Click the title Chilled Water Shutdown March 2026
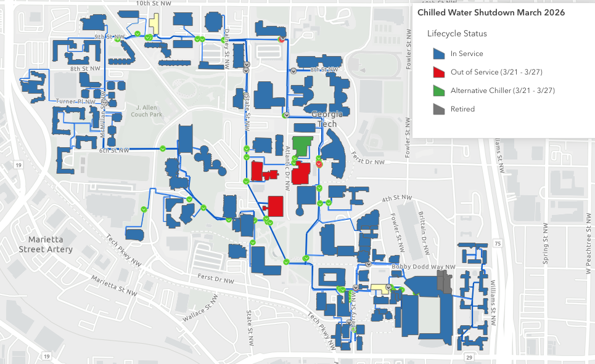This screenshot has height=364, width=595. click(x=491, y=12)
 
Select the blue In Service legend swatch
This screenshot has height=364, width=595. click(x=439, y=54)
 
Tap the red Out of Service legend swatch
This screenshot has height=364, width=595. click(x=439, y=72)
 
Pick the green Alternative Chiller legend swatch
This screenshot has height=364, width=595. click(x=439, y=91)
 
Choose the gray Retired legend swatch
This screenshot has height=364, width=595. click(x=439, y=109)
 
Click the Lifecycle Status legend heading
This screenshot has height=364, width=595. click(x=457, y=33)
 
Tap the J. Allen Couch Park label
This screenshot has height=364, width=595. click(x=146, y=110)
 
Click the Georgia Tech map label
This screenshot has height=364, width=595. click(x=326, y=119)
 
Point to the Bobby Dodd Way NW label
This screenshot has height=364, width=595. click(x=423, y=267)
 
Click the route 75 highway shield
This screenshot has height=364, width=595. click(x=498, y=243)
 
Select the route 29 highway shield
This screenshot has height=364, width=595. click(x=470, y=357)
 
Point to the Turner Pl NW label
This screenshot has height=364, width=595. click(x=75, y=101)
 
